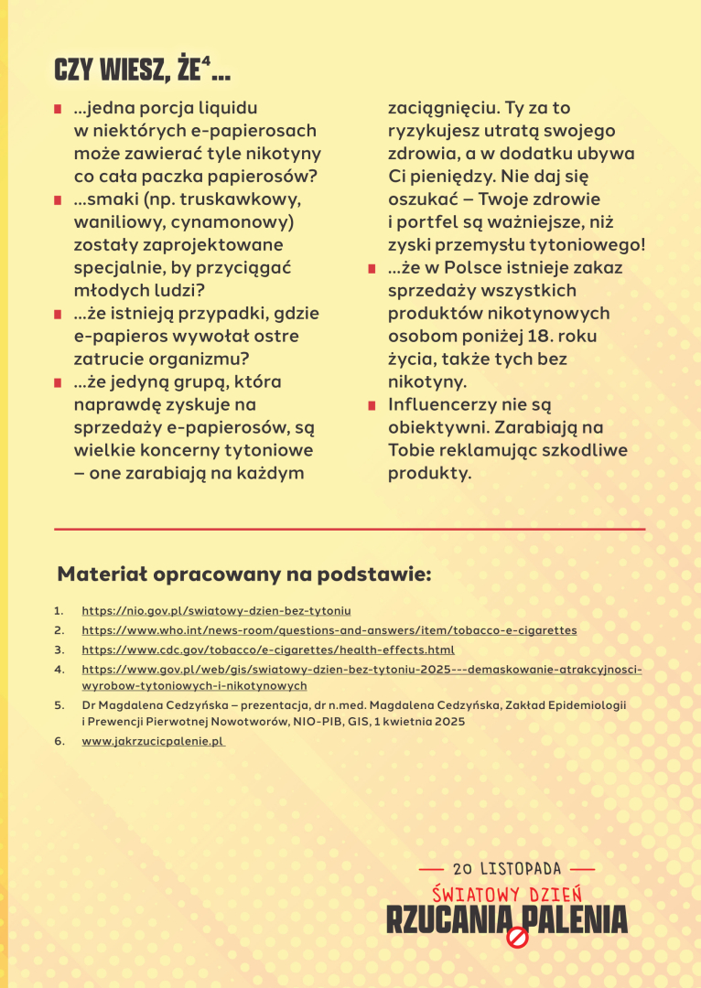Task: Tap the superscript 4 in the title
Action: pyautogui.click(x=207, y=62)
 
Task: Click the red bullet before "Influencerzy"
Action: pyautogui.click(x=372, y=405)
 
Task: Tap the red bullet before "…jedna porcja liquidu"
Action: pyautogui.click(x=58, y=109)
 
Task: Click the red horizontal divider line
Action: pyautogui.click(x=350, y=529)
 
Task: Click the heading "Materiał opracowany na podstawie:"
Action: pyautogui.click(x=243, y=575)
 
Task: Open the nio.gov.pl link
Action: pyautogui.click(x=216, y=610)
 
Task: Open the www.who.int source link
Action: pyautogui.click(x=329, y=630)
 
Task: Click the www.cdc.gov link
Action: pyautogui.click(x=268, y=650)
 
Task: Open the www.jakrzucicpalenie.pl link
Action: pyautogui.click(x=153, y=742)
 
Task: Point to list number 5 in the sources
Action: pyautogui.click(x=59, y=705)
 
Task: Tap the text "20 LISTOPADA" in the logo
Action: pyautogui.click(x=507, y=868)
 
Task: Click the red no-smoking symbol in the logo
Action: pyautogui.click(x=518, y=938)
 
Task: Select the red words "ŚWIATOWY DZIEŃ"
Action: pyautogui.click(x=507, y=894)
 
